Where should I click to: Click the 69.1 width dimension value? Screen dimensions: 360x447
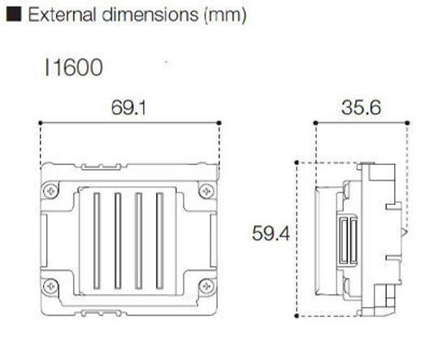coord(130,107)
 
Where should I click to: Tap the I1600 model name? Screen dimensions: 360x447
coord(73,67)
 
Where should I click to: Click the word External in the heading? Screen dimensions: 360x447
coord(58,15)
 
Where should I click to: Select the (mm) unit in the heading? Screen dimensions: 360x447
coord(224,15)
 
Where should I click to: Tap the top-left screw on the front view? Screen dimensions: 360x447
coord(51,189)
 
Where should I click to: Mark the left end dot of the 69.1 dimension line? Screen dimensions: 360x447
coord(41,123)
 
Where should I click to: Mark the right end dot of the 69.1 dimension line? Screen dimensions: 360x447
coord(221,123)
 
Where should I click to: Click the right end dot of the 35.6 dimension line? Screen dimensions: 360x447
coord(407,123)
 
